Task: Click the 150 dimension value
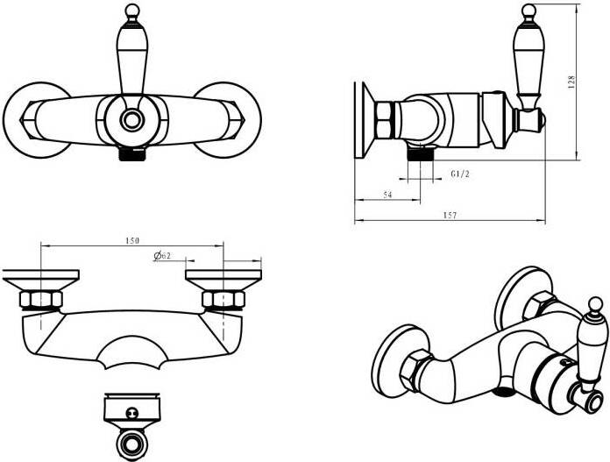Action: click(132, 241)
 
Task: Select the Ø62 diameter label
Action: click(162, 256)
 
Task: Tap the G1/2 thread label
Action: click(460, 174)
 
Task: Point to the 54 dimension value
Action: click(387, 195)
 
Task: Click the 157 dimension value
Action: click(450, 215)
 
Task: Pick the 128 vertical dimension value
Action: click(571, 82)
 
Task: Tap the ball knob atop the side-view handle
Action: click(528, 11)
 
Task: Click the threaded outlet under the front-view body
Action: click(132, 154)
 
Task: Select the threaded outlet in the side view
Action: click(421, 154)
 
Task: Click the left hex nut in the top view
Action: click(41, 299)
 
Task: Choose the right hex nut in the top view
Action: click(223, 299)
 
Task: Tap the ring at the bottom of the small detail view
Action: click(131, 444)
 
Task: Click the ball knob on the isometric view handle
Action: click(595, 304)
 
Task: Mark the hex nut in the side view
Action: click(386, 120)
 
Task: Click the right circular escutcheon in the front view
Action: click(228, 120)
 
